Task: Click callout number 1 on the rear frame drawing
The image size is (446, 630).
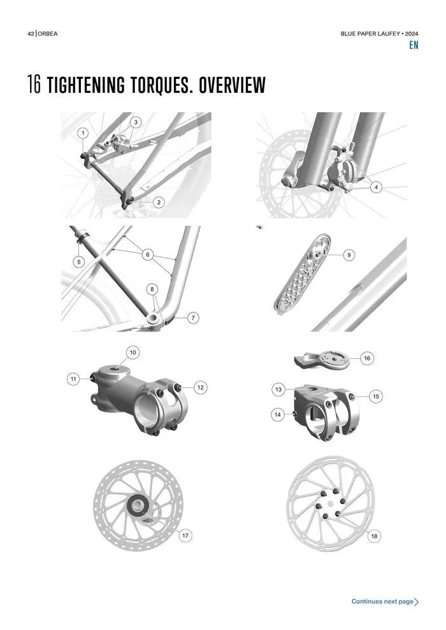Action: [83, 133]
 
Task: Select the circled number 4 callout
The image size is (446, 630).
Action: [376, 187]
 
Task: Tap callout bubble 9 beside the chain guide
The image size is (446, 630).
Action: [349, 255]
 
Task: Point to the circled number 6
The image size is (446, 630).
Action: [148, 255]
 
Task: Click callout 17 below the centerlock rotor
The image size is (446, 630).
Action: [185, 536]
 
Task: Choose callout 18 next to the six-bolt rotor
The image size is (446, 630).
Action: [374, 536]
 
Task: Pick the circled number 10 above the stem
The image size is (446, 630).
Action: [133, 353]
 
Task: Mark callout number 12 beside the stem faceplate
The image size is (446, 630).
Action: [200, 388]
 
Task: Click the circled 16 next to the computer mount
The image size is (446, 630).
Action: [367, 358]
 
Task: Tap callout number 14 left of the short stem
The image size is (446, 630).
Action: [278, 415]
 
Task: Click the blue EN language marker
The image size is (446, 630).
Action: [414, 45]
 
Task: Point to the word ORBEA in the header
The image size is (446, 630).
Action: [48, 34]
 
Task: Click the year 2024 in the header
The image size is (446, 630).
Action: [411, 34]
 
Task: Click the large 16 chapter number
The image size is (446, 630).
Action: [34, 85]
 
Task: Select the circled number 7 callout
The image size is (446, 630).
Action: [193, 318]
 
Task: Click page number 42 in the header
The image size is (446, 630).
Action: [31, 34]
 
